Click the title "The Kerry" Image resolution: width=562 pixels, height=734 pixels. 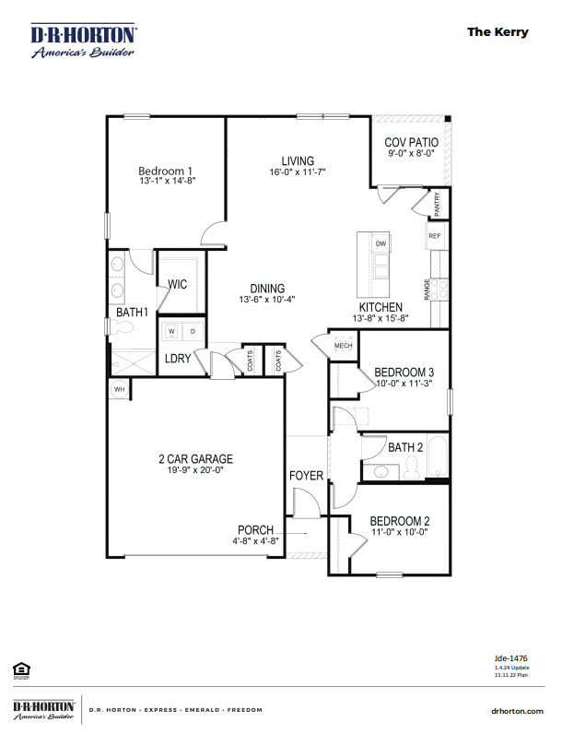498,31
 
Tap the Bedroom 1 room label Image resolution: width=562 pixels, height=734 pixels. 165,171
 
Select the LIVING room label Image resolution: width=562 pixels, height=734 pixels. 298,160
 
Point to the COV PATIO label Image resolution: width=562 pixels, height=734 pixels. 411,143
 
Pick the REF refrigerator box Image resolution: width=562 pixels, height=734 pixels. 435,236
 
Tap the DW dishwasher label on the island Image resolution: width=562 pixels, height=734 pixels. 380,243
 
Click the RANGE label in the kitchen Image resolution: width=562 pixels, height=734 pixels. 427,290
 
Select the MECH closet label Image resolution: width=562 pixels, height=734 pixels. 343,346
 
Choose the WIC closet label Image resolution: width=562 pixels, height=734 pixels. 177,285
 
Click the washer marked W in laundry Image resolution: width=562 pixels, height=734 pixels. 171,330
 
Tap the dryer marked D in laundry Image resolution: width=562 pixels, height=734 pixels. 192,330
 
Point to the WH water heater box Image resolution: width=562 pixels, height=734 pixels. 119,389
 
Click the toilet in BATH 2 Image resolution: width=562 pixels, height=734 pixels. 412,471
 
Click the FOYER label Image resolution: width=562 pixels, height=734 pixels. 306,476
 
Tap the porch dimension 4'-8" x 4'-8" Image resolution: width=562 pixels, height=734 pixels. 255,541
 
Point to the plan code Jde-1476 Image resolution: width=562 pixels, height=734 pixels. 511,658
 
